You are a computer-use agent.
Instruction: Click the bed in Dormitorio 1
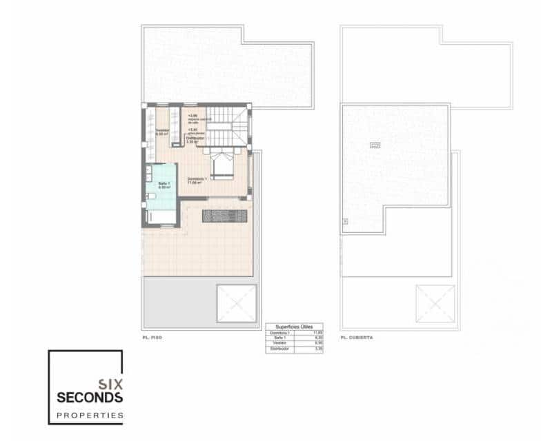[x=223, y=165]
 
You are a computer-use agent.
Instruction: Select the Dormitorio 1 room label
[x=195, y=181]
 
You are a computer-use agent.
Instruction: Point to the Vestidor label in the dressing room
[x=162, y=132]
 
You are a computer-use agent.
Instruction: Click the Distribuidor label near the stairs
[x=195, y=139]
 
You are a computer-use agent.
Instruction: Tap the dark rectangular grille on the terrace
[x=224, y=215]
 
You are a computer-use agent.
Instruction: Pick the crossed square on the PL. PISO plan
[x=236, y=303]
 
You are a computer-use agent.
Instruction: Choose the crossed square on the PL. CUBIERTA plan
[x=435, y=303]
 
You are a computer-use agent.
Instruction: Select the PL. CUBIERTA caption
[x=357, y=338]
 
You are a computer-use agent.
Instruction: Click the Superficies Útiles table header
[x=293, y=327]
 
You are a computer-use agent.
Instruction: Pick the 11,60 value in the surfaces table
[x=317, y=333]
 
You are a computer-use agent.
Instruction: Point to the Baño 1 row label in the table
[x=275, y=338]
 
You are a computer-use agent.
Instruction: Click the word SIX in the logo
[x=110, y=384]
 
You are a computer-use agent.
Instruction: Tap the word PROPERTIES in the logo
[x=90, y=416]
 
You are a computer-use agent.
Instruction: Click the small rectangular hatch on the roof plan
[x=375, y=145]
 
